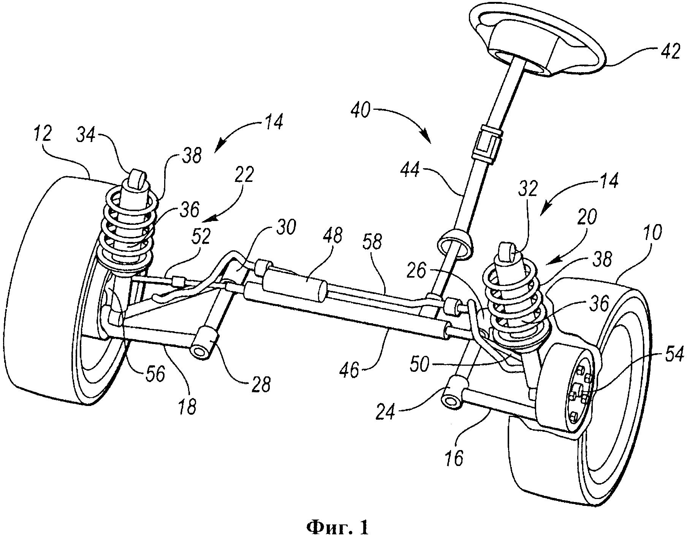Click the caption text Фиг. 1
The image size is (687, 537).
click(337, 526)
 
